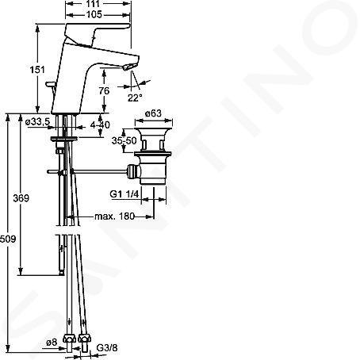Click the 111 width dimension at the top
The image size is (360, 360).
coord(93,3)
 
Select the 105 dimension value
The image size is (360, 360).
coord(94,14)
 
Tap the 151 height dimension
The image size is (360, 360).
coord(37,70)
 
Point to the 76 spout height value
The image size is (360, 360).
coord(104,90)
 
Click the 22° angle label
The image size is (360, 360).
coord(135,98)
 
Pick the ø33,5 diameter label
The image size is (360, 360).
coord(37,122)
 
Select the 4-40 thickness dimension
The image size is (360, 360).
coord(100,124)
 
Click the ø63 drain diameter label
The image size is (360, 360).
coord(153,113)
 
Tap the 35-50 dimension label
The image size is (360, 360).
coord(124,140)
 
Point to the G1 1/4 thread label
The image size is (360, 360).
coord(124,194)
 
